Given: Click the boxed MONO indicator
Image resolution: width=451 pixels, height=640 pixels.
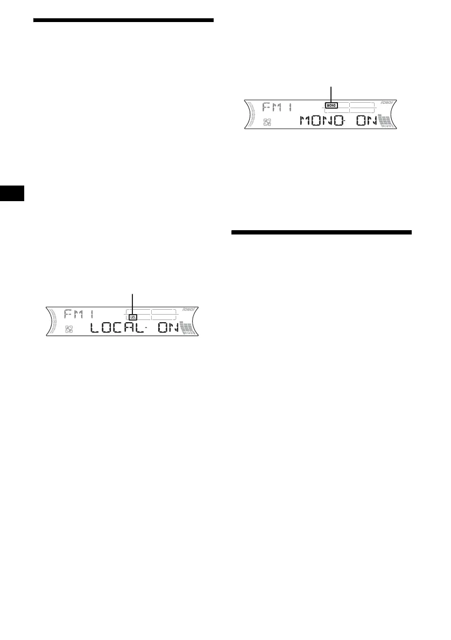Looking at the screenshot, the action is (331, 106).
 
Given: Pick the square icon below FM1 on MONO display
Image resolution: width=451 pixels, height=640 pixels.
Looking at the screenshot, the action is (267, 122).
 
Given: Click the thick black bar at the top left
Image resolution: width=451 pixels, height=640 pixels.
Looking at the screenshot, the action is (123, 20).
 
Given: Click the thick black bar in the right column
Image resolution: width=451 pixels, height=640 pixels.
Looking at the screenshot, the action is (321, 232).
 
